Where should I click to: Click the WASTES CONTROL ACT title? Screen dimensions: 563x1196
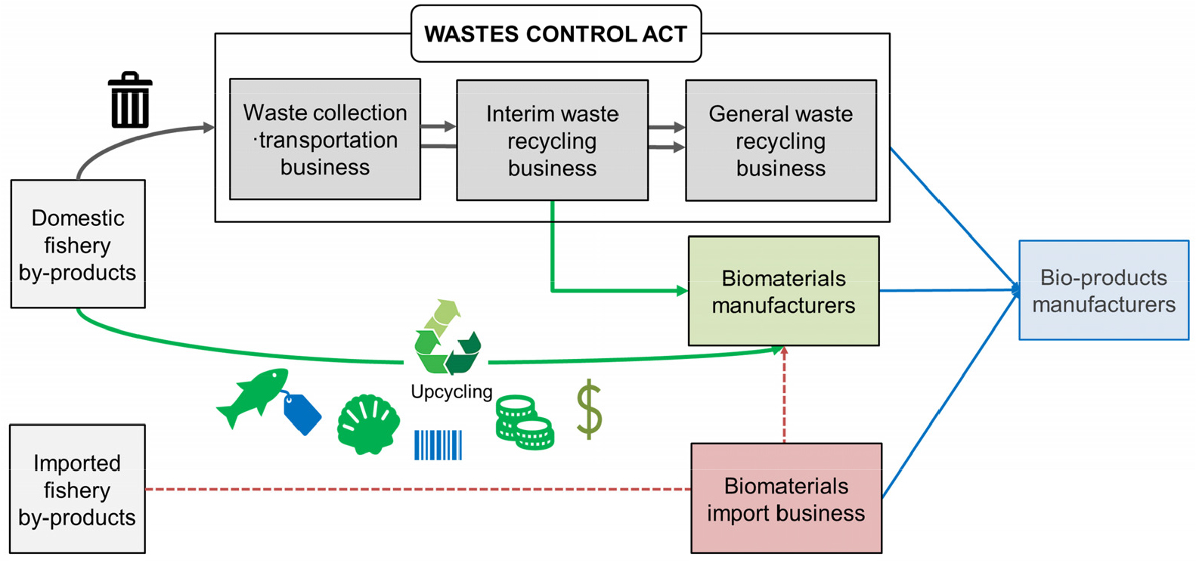[x=556, y=34]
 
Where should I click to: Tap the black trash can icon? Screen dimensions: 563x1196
[x=130, y=101]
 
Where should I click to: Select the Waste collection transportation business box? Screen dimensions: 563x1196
[x=325, y=140]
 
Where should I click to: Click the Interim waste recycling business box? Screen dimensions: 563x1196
[x=552, y=141]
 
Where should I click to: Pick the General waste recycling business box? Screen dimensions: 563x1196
[x=781, y=141]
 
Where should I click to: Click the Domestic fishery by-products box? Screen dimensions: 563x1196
[x=78, y=244]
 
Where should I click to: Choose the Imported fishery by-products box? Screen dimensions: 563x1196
[x=77, y=489]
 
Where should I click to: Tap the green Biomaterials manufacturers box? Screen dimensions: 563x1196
[x=783, y=291]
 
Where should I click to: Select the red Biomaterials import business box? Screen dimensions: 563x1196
[x=786, y=499]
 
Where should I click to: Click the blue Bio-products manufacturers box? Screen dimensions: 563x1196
[x=1104, y=290]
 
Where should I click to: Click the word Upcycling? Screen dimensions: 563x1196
[x=451, y=391]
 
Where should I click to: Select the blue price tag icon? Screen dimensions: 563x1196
[x=302, y=414]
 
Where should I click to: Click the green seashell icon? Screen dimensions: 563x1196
[x=368, y=424]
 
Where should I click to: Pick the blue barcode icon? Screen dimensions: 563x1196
[x=438, y=445]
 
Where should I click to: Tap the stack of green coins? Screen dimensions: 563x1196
[x=524, y=423]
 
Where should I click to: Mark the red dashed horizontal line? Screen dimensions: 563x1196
[x=416, y=490]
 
